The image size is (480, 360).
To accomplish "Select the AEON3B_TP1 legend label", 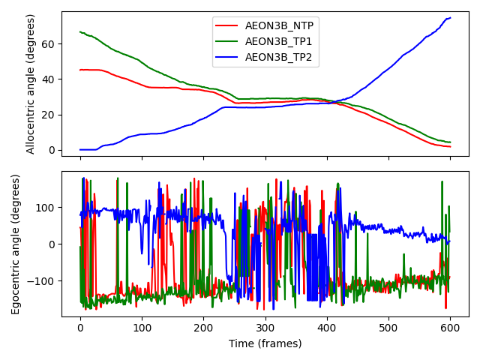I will pyautogui.click(x=279, y=42).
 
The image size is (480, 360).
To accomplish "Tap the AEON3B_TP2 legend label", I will pyautogui.click(x=279, y=58).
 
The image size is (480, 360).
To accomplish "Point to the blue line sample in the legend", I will pyautogui.click(x=228, y=58).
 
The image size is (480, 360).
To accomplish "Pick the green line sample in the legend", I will pyautogui.click(x=228, y=42).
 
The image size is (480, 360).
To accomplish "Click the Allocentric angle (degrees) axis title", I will pyautogui.click(x=31, y=84).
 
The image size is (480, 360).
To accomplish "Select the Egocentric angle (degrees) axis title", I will pyautogui.click(x=15, y=244).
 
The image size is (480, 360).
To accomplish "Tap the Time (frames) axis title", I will pyautogui.click(x=265, y=343).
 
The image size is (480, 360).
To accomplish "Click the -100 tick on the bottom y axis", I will pyautogui.click(x=43, y=280).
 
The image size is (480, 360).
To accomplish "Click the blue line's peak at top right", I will pyautogui.click(x=450, y=17).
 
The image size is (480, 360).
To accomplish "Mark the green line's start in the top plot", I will pyautogui.click(x=80, y=31).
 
